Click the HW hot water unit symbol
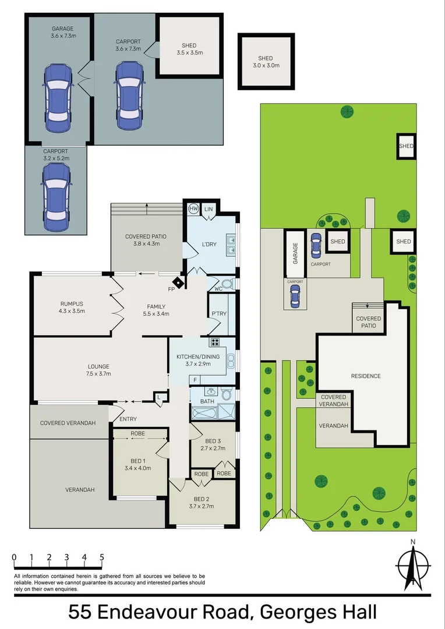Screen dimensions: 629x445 (193, 209)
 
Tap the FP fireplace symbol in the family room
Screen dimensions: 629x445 (180, 282)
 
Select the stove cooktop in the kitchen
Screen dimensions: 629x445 (214, 342)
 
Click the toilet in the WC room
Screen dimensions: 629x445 (227, 285)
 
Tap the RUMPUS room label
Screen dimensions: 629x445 (72, 303)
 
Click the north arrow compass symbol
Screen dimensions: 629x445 (413, 565)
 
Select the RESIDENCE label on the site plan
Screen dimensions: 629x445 (365, 376)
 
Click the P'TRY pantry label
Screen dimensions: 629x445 (219, 314)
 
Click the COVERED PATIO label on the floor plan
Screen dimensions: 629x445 (146, 236)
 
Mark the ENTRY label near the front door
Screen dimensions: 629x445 (128, 419)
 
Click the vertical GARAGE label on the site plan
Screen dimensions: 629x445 (295, 254)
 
